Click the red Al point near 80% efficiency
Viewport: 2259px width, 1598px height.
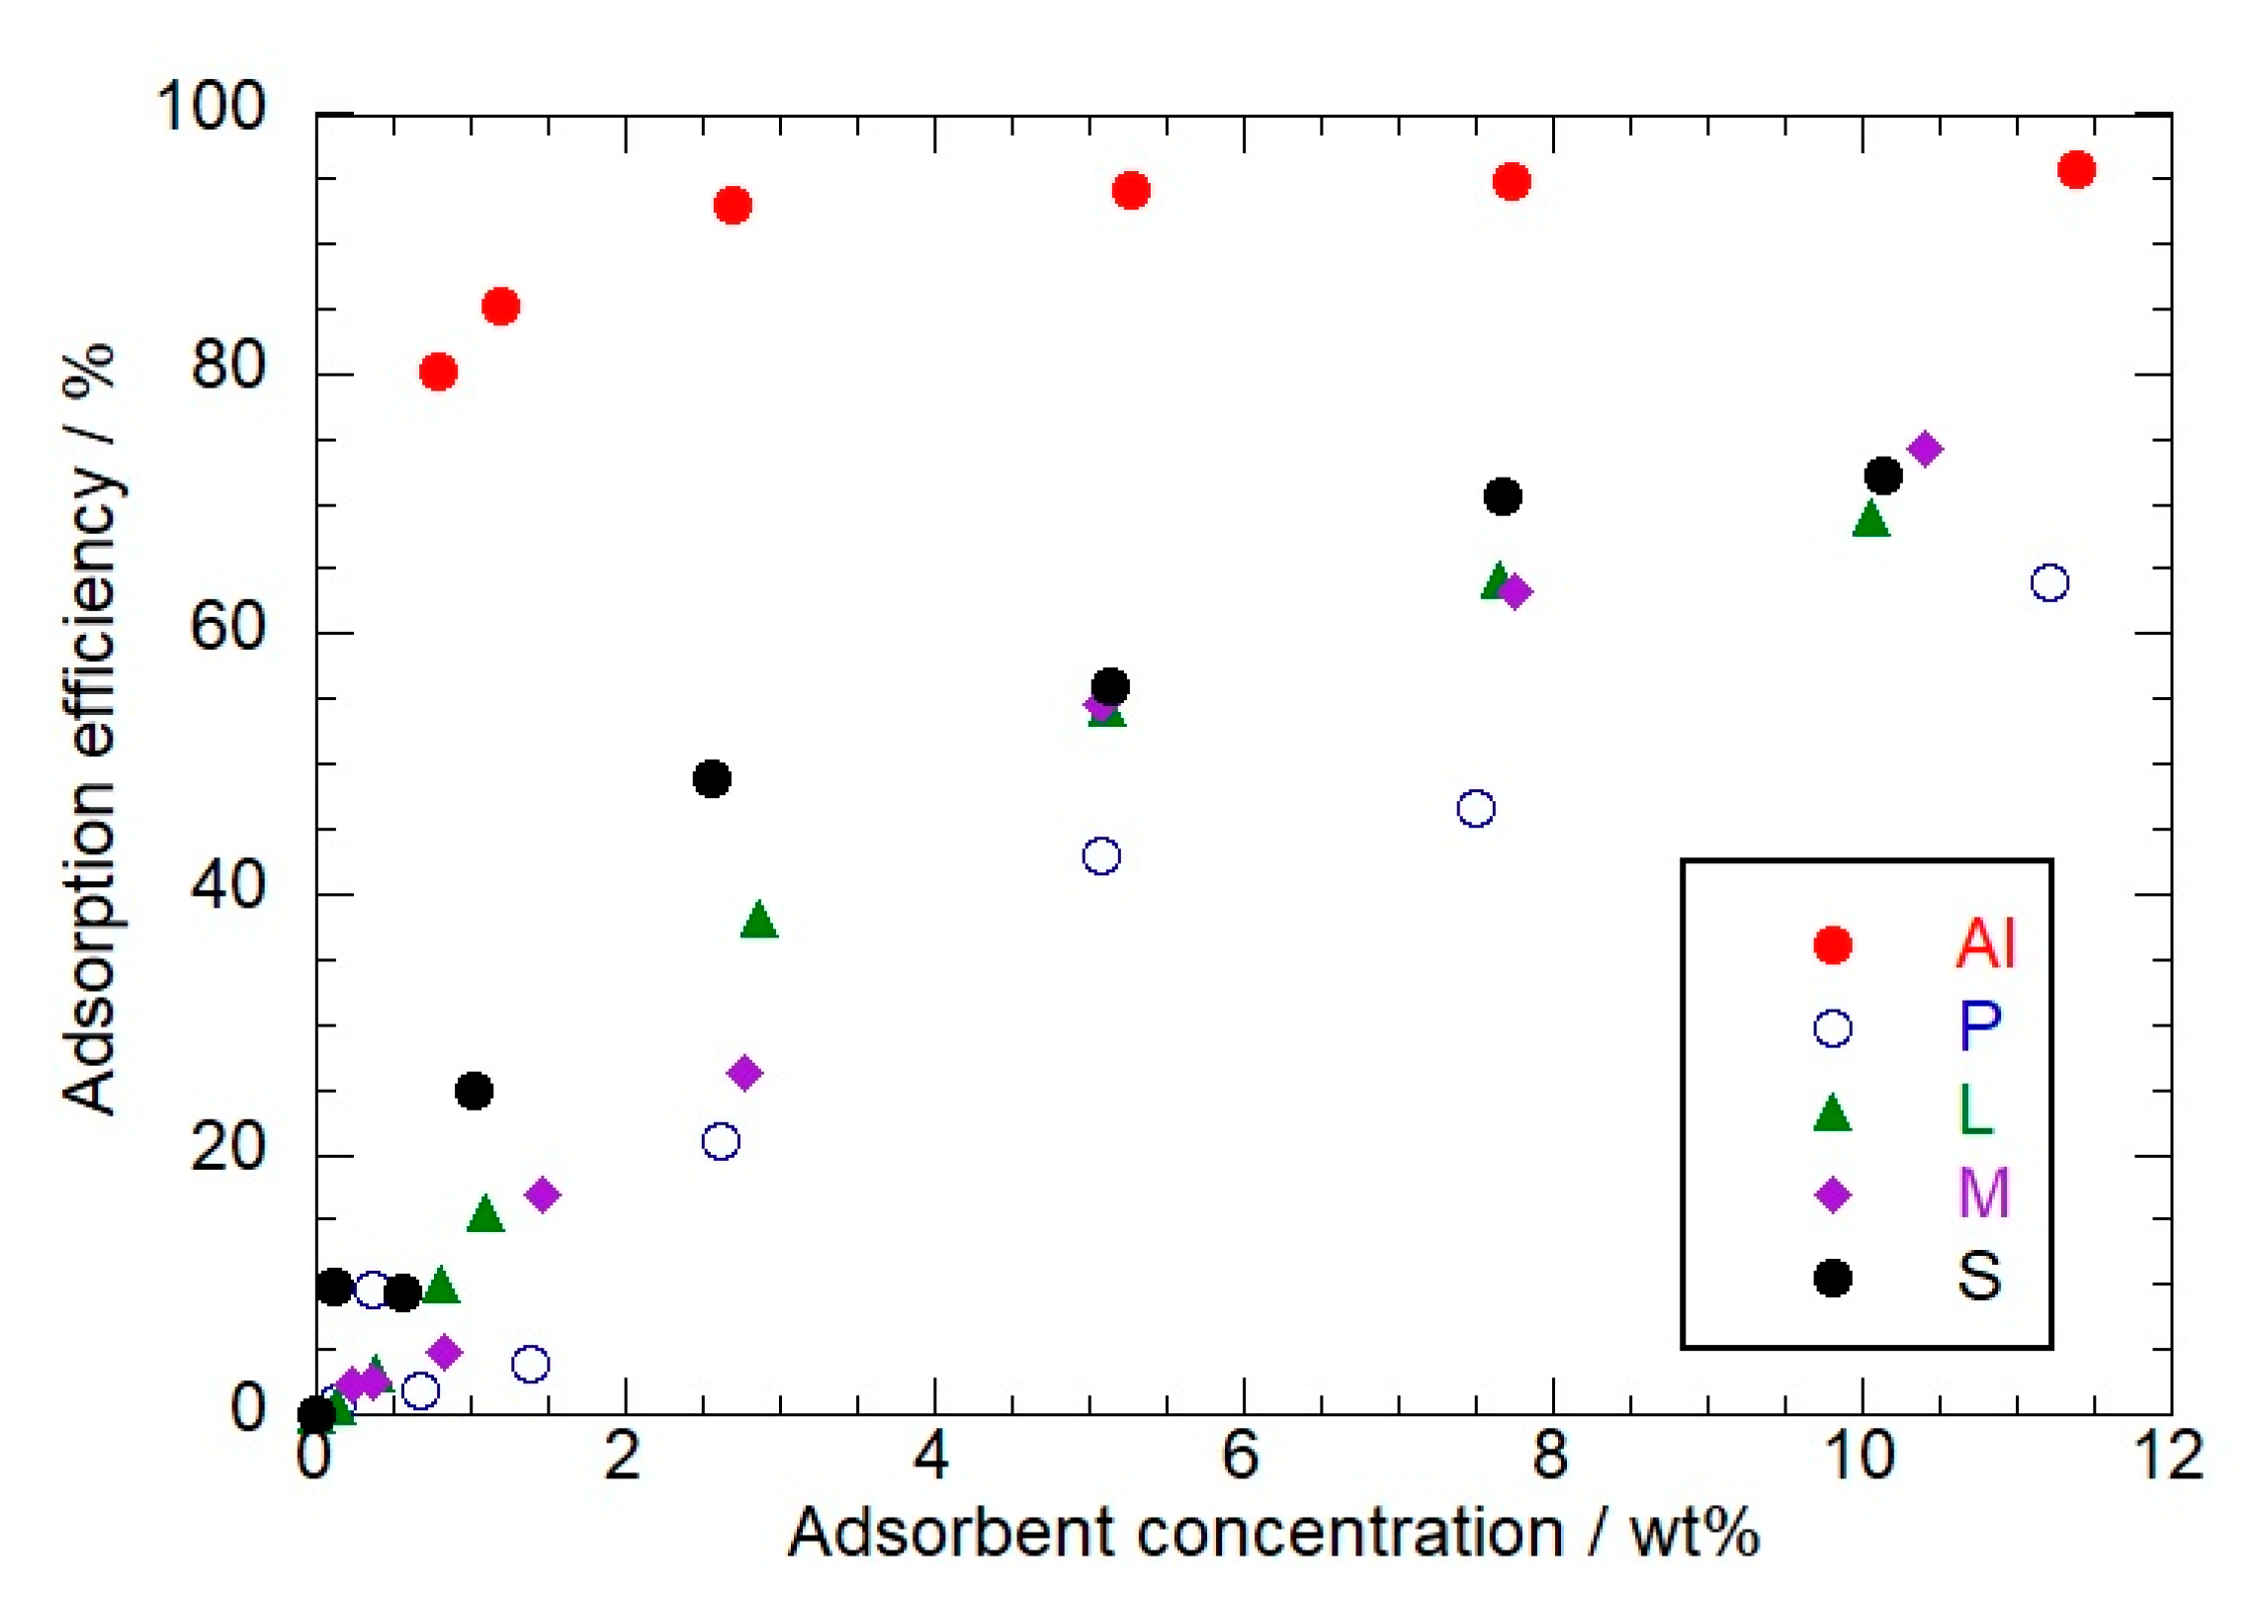point(438,372)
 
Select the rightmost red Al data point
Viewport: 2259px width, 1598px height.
point(2076,170)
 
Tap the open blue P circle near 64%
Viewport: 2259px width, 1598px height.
point(2049,582)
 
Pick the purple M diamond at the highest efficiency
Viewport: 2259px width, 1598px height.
point(1925,449)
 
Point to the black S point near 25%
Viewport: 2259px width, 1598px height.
point(475,1091)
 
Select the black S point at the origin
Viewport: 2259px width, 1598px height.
point(316,1414)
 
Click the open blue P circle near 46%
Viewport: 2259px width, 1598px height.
point(1476,808)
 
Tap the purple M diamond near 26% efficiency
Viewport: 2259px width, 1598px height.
point(744,1073)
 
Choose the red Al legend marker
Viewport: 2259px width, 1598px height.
point(1832,944)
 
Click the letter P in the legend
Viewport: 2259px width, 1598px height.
point(1980,1026)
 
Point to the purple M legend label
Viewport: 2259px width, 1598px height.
point(1984,1193)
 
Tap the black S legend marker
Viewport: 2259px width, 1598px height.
point(1832,1278)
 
